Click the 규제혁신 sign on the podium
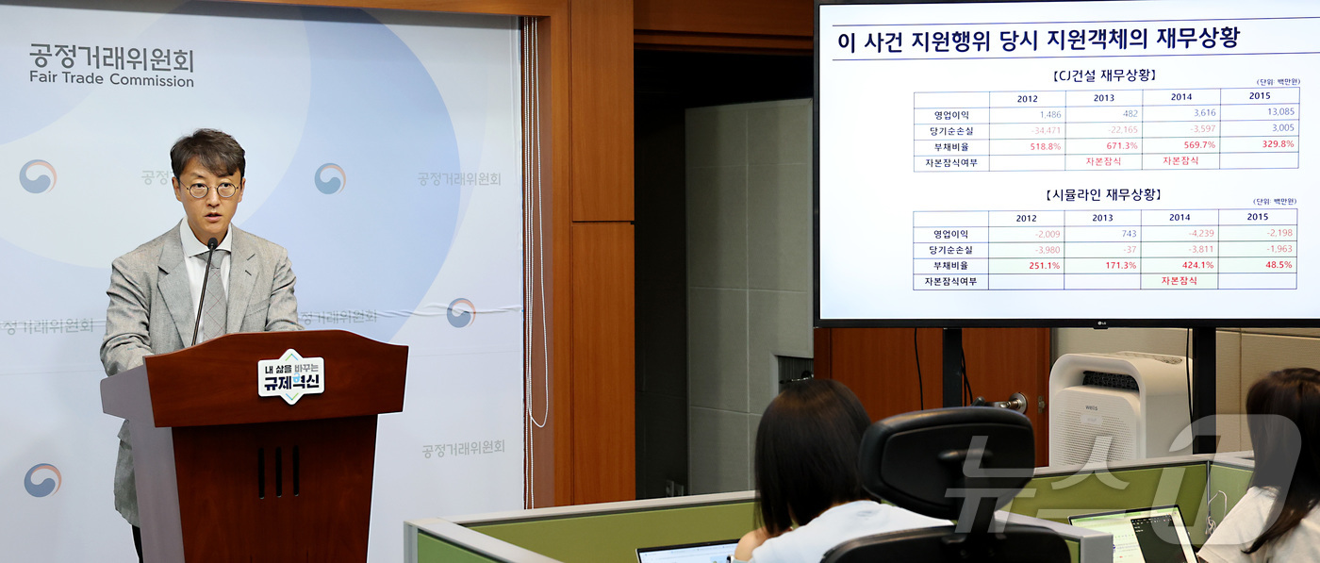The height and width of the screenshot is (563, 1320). click(x=290, y=375)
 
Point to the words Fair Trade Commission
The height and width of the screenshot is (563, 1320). click(x=111, y=80)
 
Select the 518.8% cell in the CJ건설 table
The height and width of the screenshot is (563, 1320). click(x=1037, y=146)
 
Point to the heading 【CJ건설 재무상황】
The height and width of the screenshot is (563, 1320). click(x=1103, y=75)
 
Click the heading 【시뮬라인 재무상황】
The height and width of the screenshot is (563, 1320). click(x=1103, y=195)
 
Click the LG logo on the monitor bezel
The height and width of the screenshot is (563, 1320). click(x=1099, y=324)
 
